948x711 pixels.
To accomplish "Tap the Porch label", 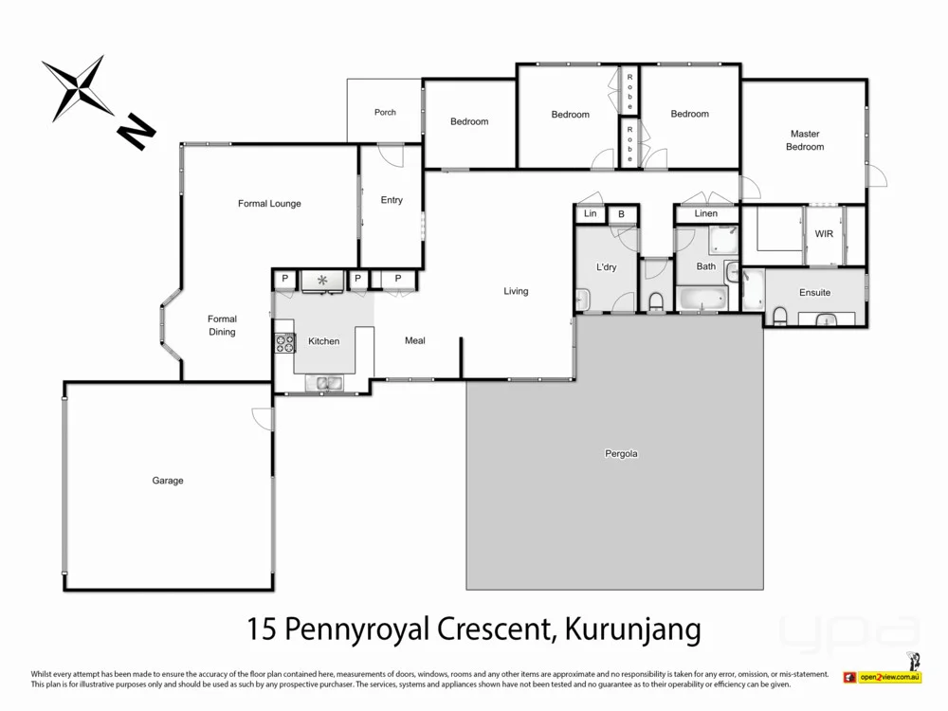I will [x=385, y=113].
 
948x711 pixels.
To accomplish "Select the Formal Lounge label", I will [x=269, y=204].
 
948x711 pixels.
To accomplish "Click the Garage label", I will [x=168, y=481].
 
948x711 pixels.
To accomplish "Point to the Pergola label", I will [x=621, y=454].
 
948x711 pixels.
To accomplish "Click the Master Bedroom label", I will [x=805, y=140].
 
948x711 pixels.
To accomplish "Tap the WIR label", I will [x=824, y=234].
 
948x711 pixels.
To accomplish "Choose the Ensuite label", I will [x=814, y=293].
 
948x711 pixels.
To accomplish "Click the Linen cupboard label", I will [x=706, y=214].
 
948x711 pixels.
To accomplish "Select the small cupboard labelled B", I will [x=621, y=214].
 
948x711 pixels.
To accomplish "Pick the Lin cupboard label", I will [x=590, y=214].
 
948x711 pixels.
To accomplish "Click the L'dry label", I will [x=607, y=267].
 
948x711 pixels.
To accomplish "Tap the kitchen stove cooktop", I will [x=284, y=343].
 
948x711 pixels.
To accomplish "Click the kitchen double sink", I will [x=330, y=383].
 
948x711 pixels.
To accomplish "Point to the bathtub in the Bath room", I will [x=703, y=301].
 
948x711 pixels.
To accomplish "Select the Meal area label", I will [x=415, y=340].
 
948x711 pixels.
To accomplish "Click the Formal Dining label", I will [x=222, y=325].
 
